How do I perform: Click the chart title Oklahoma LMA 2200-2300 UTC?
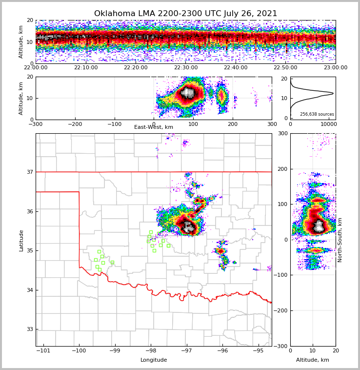tap(185, 14)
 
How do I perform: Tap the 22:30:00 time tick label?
tap(186, 68)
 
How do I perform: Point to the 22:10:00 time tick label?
tap(86, 68)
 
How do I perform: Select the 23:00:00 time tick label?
tap(336, 68)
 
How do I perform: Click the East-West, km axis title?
tap(154, 127)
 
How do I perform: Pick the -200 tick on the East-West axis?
tap(75, 124)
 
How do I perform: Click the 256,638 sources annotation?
tap(317, 114)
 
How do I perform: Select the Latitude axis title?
tap(21, 240)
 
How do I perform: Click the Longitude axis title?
tap(154, 360)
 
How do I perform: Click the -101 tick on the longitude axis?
tap(43, 350)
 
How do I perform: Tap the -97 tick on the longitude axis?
tap(186, 350)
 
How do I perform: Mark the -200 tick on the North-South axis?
tap(281, 310)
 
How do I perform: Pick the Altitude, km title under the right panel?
tap(313, 360)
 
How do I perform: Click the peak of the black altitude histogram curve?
tap(333, 93)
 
